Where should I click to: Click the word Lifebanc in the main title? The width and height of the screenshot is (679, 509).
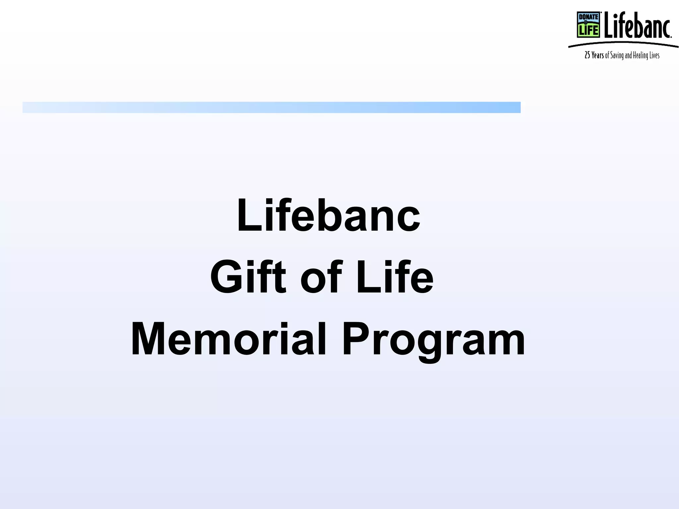click(328, 215)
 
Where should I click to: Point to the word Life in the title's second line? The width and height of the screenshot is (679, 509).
click(395, 277)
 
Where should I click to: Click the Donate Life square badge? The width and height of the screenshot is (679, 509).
click(588, 25)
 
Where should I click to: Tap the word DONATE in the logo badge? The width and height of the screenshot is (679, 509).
click(588, 17)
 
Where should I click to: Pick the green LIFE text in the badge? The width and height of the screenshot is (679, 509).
click(588, 30)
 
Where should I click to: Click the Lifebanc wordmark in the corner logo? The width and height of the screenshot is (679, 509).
click(637, 25)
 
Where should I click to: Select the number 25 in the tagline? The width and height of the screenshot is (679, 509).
click(587, 55)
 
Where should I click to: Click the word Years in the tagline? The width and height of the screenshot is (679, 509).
click(598, 55)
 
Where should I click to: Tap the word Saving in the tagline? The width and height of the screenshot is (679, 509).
click(617, 56)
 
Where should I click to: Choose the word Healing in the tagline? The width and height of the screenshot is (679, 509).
click(640, 56)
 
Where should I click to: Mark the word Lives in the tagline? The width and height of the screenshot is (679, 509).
click(654, 55)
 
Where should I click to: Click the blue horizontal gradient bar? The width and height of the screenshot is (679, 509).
click(271, 107)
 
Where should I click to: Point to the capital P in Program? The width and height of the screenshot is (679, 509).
click(356, 339)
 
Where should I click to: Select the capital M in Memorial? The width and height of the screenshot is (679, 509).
click(151, 339)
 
